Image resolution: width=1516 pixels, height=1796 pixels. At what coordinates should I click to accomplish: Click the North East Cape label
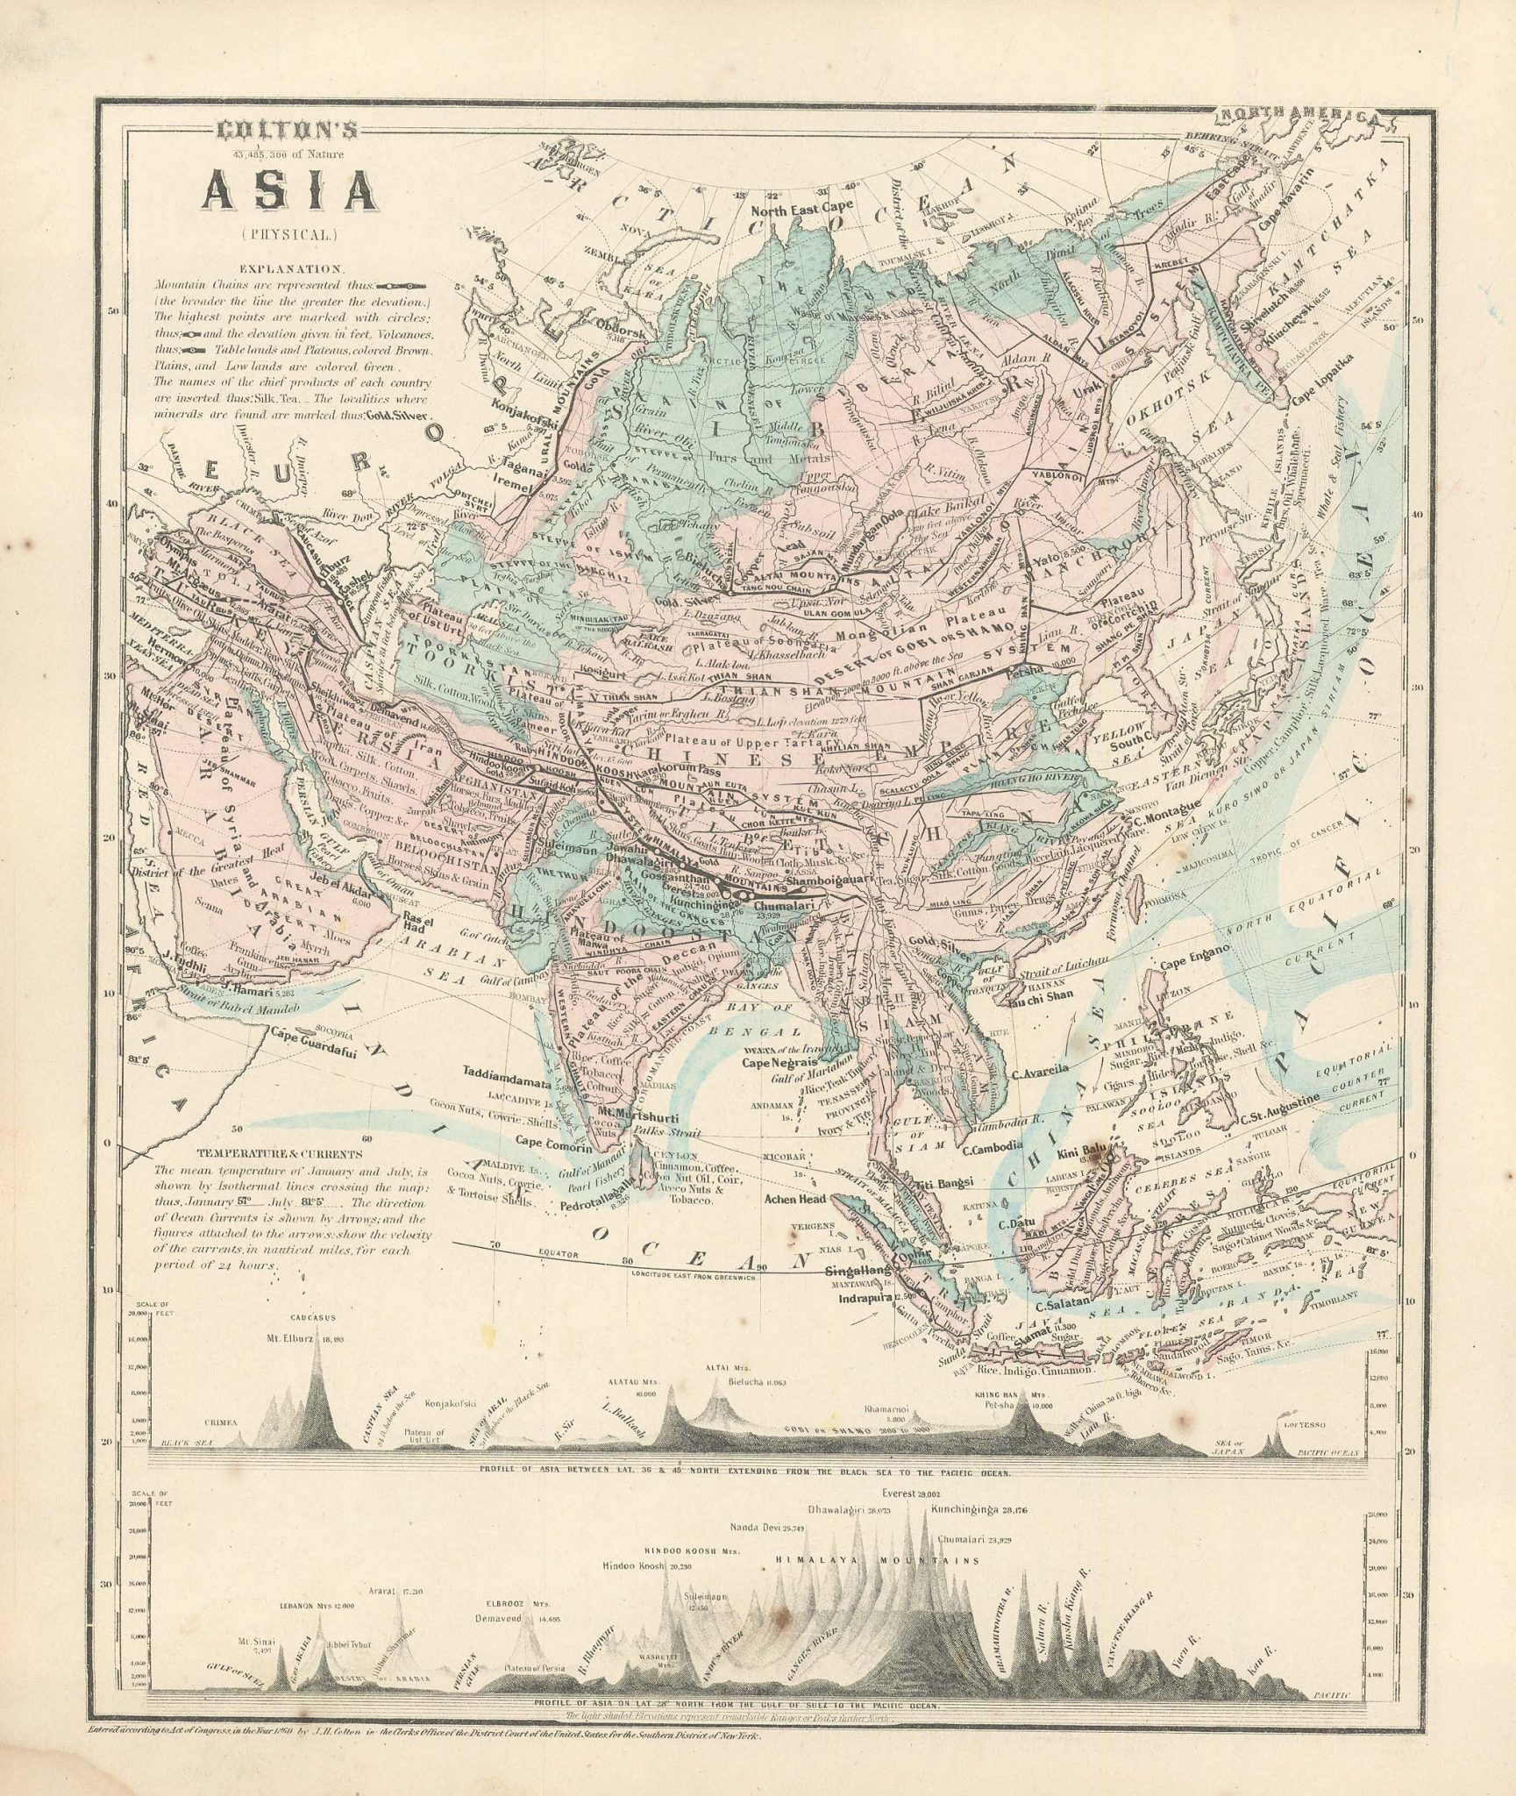pos(792,210)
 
